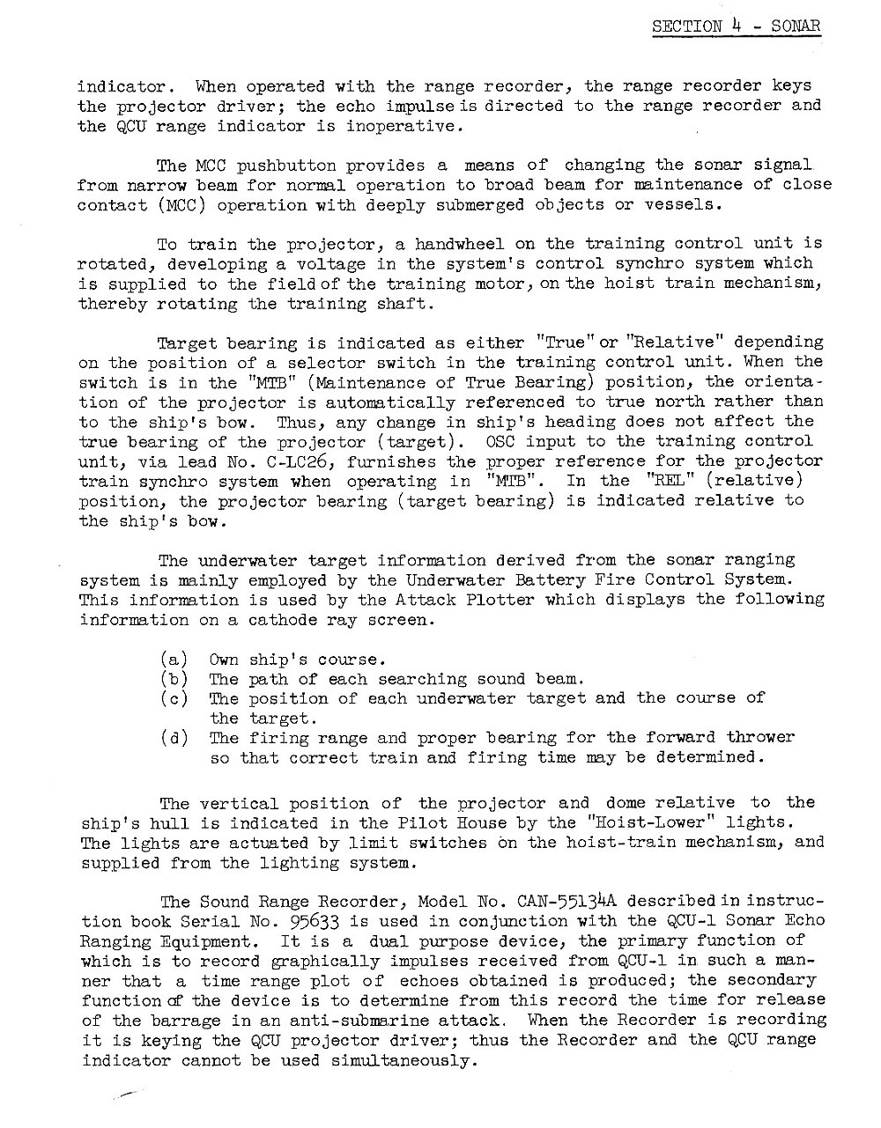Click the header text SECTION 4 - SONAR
click(736, 26)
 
